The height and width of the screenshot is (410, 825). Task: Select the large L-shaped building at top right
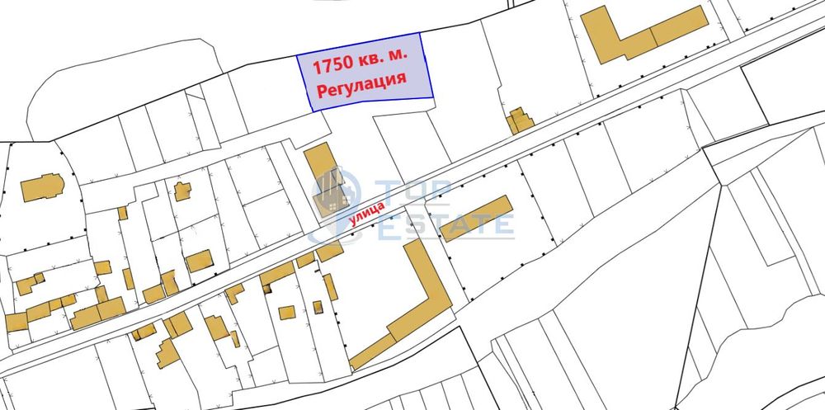click(643, 34)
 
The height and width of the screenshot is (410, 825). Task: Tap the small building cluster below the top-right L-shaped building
click(520, 121)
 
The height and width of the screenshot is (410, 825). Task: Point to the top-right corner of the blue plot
click(420, 34)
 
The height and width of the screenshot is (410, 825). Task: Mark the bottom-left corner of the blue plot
click(312, 111)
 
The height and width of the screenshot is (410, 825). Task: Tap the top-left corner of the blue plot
click(298, 56)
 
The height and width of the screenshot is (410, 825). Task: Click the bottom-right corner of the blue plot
click(433, 98)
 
